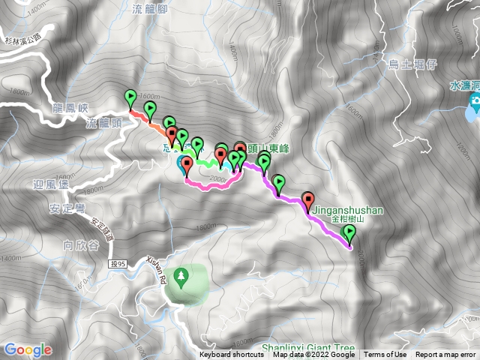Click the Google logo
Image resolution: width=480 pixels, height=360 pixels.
[x=28, y=349]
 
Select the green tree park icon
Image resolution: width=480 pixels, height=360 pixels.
[x=180, y=277]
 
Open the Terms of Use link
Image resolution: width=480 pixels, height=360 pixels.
[x=385, y=355]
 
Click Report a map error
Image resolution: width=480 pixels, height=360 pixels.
[x=446, y=355]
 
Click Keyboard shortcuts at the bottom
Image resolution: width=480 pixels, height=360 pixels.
[x=232, y=355]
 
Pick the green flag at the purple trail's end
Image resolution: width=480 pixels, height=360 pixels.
[x=349, y=235]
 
